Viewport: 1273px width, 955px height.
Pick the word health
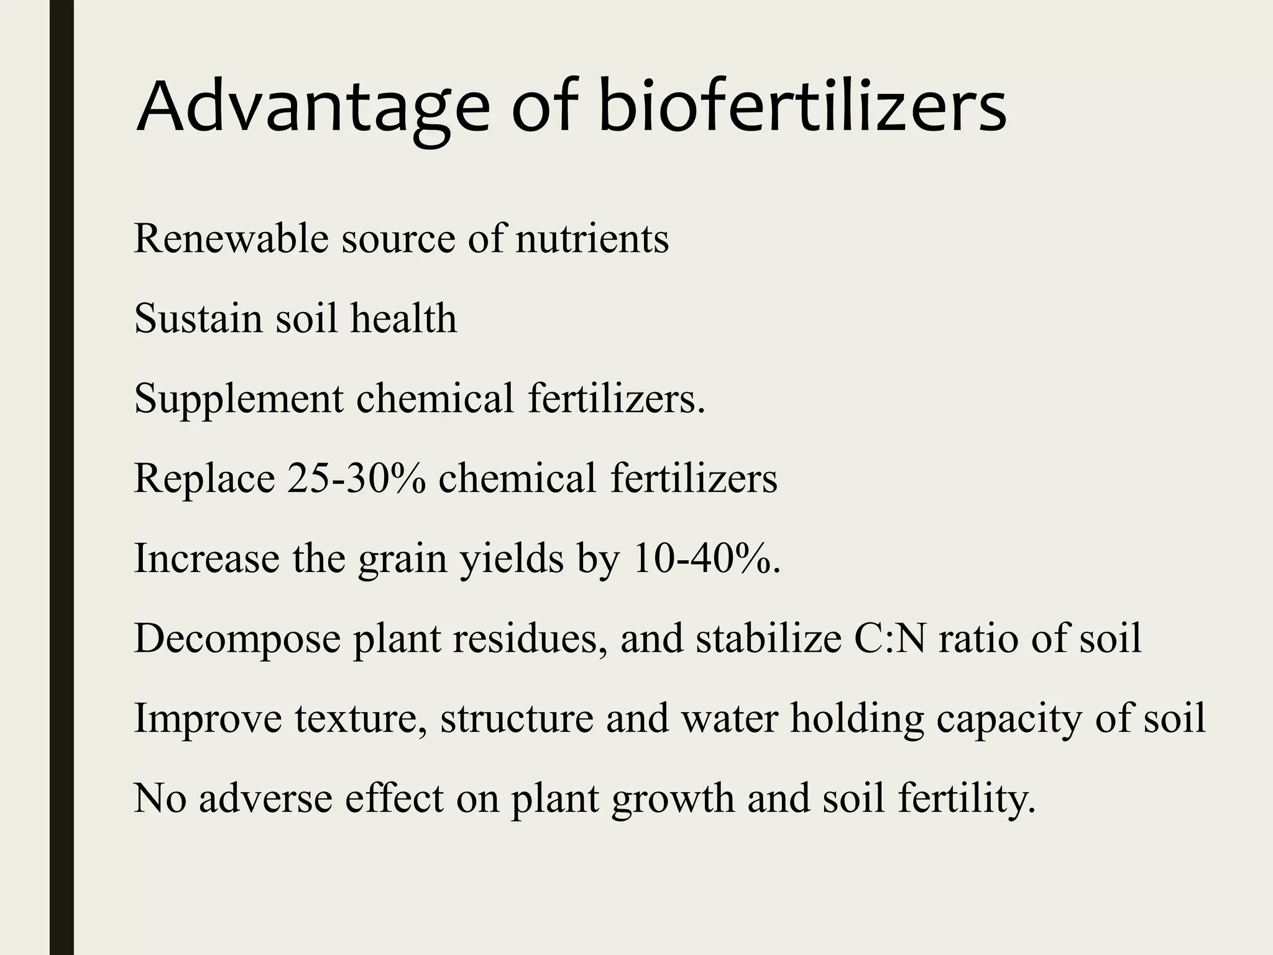pyautogui.click(x=403, y=318)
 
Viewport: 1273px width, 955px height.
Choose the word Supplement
pyautogui.click(x=239, y=399)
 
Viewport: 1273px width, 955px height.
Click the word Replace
pyautogui.click(x=205, y=479)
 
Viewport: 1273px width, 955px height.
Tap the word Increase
pyautogui.click(x=206, y=558)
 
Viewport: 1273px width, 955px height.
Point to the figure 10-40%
pyautogui.click(x=703, y=558)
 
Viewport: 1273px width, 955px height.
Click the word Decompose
pyautogui.click(x=237, y=639)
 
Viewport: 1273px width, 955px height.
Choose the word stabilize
pyautogui.click(x=768, y=638)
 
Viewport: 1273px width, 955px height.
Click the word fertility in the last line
pyautogui.click(x=966, y=798)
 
